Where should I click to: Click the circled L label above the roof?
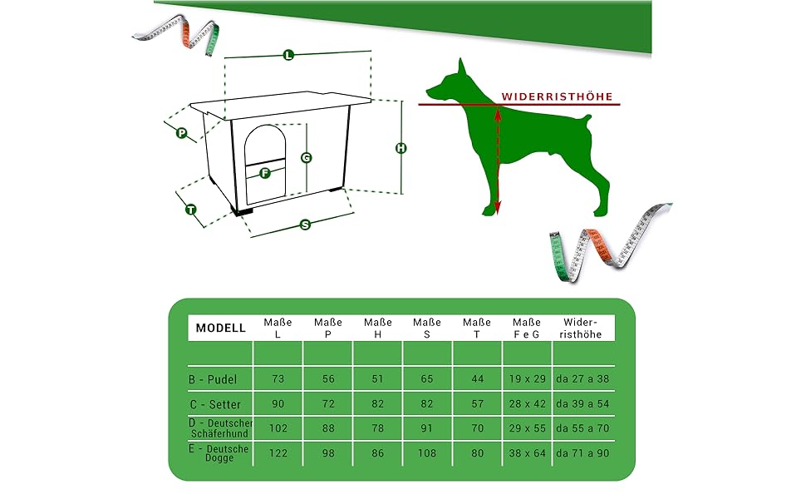288,55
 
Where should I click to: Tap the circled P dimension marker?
181,133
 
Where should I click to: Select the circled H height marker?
401,148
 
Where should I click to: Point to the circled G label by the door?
307,157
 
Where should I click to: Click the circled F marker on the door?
265,173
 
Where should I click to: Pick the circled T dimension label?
191,210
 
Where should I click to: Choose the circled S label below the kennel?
305,225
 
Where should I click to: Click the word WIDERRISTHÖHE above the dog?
558,96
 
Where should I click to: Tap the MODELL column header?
220,329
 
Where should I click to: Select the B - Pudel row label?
213,379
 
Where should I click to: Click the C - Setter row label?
215,404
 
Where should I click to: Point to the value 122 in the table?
278,453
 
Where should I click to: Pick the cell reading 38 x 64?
528,453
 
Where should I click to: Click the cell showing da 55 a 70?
582,428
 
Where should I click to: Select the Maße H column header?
378,329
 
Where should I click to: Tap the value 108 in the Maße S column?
427,453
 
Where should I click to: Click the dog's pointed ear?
462,66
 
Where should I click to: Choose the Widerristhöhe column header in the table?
580,329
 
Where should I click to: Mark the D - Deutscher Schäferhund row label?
220,428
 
